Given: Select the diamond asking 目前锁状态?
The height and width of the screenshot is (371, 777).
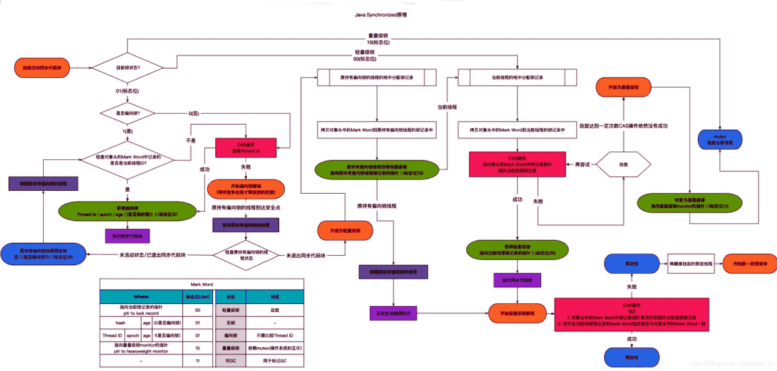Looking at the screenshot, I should (128, 68).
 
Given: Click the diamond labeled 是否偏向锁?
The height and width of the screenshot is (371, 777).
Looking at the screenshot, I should (128, 113).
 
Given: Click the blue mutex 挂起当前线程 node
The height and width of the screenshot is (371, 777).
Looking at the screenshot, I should (721, 138).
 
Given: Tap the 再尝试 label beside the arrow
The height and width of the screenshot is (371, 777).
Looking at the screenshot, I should (583, 164).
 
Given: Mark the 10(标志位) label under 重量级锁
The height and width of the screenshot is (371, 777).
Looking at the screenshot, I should (378, 43).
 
